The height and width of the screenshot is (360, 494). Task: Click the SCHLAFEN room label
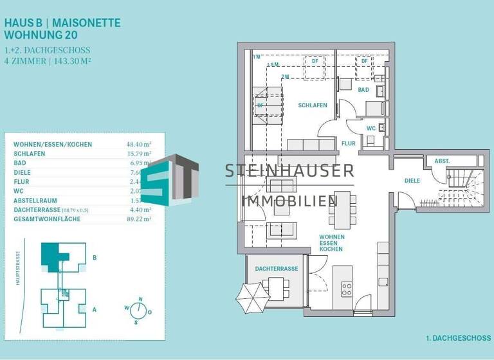tap(313, 105)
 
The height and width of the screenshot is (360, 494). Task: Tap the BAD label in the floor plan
tap(363, 90)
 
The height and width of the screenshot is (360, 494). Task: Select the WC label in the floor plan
tap(370, 129)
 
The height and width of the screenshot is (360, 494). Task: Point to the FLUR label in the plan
tap(349, 144)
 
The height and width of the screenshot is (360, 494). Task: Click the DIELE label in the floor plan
tap(412, 181)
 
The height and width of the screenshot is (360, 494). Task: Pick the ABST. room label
tap(442, 161)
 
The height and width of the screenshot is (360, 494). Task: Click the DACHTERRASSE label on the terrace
tap(277, 269)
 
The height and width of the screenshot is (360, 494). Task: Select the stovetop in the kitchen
tap(347, 289)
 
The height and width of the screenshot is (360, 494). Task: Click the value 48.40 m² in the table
tap(139, 145)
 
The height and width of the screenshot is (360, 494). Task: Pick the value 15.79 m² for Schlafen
tap(139, 154)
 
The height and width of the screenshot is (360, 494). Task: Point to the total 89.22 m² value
tap(139, 219)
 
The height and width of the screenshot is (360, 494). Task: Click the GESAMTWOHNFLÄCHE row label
tap(45, 219)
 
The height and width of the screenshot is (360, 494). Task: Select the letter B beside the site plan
tap(95, 258)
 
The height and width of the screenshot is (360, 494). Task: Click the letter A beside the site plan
tap(95, 309)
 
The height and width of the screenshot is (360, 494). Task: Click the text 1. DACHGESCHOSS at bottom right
tap(458, 337)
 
